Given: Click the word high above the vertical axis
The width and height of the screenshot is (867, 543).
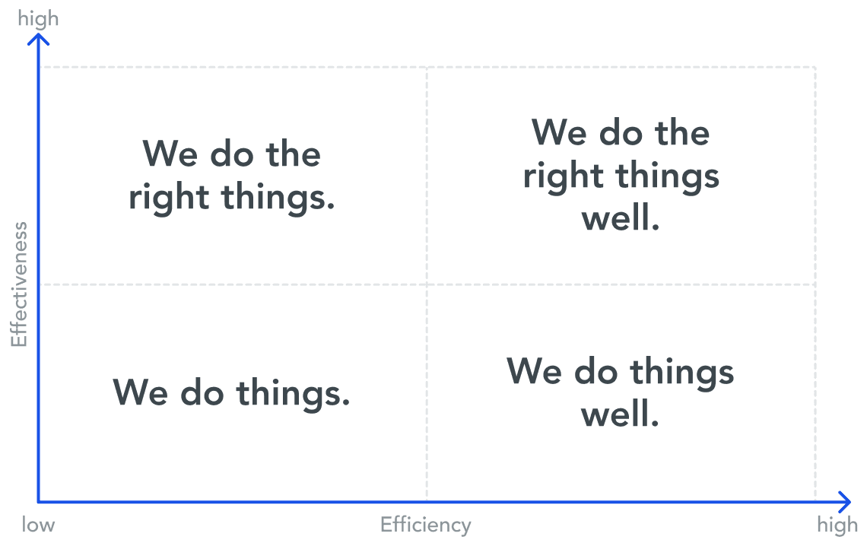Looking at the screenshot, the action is pos(38,19).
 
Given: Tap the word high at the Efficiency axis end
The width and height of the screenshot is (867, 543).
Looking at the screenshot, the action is pos(837,526).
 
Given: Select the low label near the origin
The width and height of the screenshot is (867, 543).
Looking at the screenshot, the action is pos(38,524).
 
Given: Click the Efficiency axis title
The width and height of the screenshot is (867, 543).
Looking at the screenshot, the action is pos(426,525).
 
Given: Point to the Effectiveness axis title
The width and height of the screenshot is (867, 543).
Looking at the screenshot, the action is pos(19,284).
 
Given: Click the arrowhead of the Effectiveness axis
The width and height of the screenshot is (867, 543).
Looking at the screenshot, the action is pos(38,38).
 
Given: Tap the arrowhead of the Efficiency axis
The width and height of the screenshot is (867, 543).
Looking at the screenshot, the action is pos(845,502).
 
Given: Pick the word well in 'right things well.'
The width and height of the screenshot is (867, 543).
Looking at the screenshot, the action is pos(621,218).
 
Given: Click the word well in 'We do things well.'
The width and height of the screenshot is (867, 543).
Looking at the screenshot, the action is pos(620,414).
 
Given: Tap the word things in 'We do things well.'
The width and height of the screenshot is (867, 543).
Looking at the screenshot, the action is pos(681,373).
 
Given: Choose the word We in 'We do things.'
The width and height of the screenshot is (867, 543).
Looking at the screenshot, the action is pos(141,392).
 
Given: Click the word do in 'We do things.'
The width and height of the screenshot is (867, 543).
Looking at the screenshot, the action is pos(202,392).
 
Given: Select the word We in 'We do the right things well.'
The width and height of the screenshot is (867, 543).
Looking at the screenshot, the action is pos(559,132).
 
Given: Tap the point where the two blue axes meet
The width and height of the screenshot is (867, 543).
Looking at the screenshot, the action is pos(38,502).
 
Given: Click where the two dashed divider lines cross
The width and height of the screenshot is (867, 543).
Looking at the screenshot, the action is pos(427,284).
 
